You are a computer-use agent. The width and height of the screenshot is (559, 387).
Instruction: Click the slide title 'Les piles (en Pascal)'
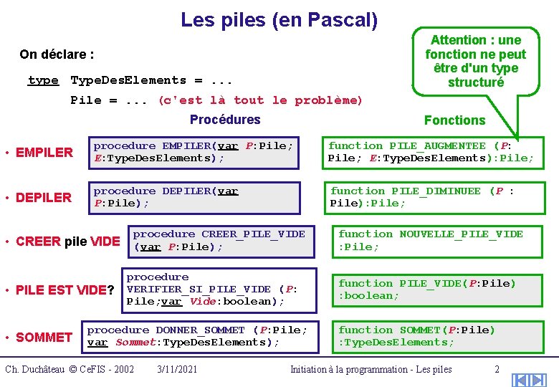(279, 19)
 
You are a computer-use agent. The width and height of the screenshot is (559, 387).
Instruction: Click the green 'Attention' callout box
(475, 60)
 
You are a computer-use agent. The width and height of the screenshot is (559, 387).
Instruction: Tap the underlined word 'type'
(43, 80)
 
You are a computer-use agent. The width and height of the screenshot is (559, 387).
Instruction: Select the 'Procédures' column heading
(225, 120)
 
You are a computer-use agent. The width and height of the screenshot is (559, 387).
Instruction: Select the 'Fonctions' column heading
(454, 120)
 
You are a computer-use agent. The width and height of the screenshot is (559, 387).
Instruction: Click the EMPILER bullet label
(44, 152)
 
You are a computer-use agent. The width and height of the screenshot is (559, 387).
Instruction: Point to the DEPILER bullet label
(44, 197)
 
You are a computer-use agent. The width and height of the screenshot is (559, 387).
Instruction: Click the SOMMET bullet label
(44, 337)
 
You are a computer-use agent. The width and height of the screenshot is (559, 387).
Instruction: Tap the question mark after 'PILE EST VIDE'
(110, 290)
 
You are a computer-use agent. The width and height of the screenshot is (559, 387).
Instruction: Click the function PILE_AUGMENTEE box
(431, 152)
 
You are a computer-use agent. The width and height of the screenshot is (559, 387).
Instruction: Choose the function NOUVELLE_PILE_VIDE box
(440, 240)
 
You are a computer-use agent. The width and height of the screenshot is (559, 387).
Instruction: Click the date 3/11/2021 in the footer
(177, 369)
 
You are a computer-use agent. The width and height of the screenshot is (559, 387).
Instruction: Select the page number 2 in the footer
(497, 369)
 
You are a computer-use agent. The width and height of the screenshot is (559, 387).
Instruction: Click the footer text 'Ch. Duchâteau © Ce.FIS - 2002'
(70, 369)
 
